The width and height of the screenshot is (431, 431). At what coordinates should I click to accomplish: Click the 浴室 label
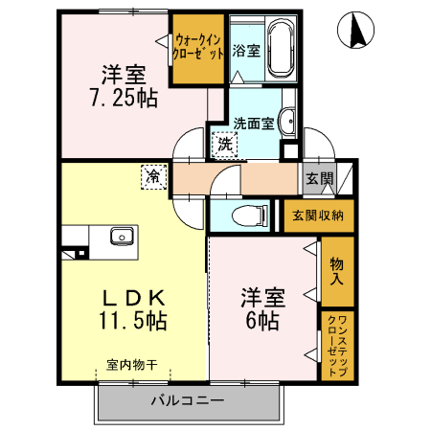pos(246,51)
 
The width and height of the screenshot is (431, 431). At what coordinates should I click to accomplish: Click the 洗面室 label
pos(255,122)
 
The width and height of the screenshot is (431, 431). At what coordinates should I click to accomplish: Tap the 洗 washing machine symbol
pos(222,146)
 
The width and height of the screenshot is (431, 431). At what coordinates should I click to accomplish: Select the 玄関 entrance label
pos(320,178)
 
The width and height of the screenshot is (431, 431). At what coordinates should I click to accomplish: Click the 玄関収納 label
pos(319,215)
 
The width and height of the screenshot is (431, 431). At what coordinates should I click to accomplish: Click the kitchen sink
pos(121,238)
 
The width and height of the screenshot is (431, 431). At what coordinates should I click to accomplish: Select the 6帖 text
pos(260,321)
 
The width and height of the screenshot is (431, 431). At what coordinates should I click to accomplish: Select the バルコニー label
pos(188,399)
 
